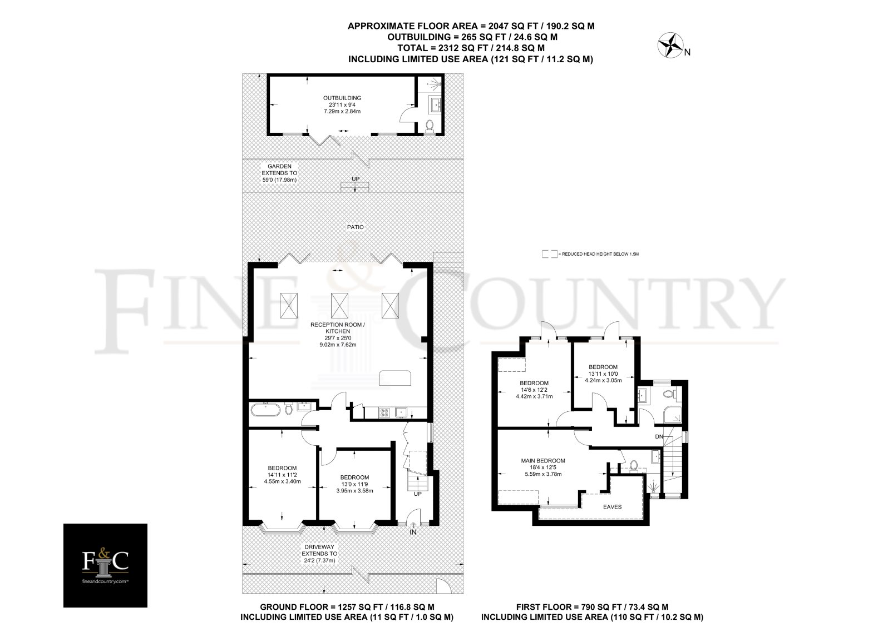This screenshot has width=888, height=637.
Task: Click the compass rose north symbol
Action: [x=671, y=46]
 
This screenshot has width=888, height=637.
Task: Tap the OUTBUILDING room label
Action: [x=342, y=98]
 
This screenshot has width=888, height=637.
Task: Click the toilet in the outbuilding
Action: [x=430, y=126]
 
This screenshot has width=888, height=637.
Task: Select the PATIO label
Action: [x=355, y=227]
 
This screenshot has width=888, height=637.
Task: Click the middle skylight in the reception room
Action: [x=339, y=305]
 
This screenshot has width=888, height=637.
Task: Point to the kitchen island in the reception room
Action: [x=395, y=377]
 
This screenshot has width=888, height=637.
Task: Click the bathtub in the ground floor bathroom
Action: [x=265, y=409]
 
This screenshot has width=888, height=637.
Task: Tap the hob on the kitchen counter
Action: [x=384, y=413]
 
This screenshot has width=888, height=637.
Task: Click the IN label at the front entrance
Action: [x=413, y=532]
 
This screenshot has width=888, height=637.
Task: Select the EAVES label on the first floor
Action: [x=612, y=507]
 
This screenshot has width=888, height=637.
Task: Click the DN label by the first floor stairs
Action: [x=659, y=436]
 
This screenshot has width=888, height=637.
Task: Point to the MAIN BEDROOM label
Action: [x=542, y=461]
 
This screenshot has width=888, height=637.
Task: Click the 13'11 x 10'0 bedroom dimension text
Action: [x=603, y=374]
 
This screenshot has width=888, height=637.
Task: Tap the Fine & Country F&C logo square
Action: [x=106, y=565]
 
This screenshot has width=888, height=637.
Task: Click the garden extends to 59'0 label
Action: [x=279, y=173]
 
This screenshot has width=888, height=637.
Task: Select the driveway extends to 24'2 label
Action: [x=319, y=554]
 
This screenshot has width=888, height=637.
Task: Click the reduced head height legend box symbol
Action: [x=550, y=254]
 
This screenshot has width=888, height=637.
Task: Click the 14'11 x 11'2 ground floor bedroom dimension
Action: [x=282, y=475]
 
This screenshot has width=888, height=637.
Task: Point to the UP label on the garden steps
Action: [x=356, y=178]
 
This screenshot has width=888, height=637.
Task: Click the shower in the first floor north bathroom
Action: [x=673, y=415]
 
